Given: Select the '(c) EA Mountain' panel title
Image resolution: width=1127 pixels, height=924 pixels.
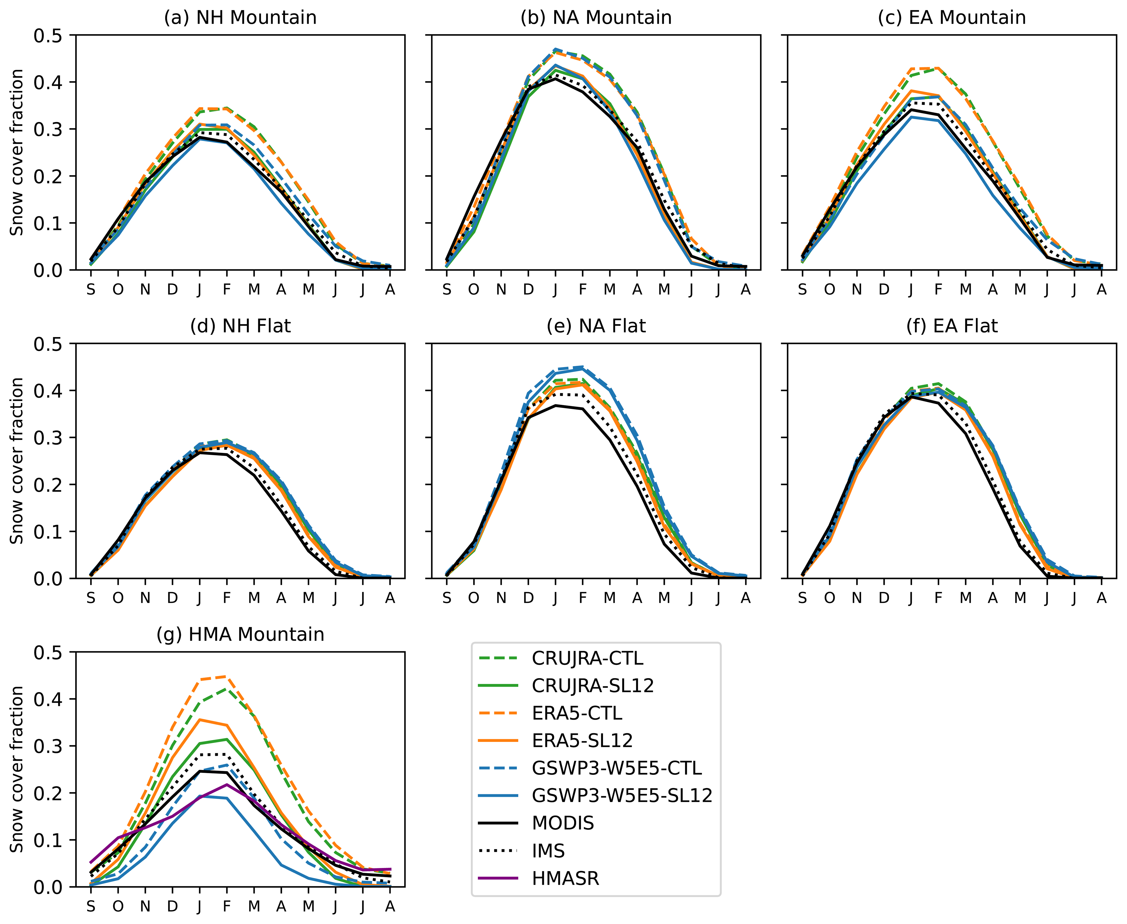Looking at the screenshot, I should point(951,18).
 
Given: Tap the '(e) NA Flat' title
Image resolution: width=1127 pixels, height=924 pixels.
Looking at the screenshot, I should point(596,326).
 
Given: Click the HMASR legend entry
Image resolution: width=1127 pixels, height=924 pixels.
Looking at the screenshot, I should point(565,878).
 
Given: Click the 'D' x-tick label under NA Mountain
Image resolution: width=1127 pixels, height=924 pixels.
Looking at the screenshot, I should point(528,290).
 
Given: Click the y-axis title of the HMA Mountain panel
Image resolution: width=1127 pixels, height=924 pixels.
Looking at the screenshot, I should point(17,769).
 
